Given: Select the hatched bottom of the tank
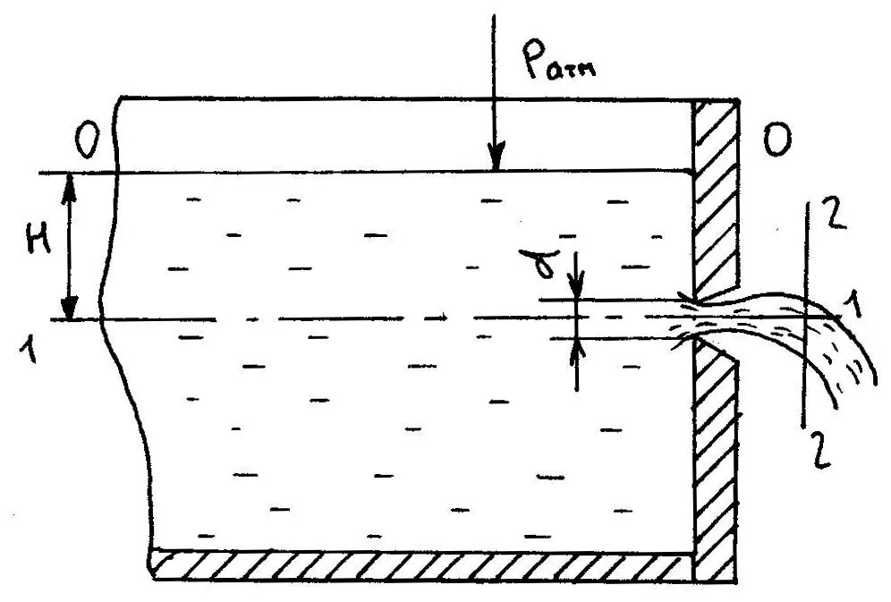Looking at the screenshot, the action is click(x=420, y=564).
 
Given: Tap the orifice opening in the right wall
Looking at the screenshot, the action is click(x=707, y=318).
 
